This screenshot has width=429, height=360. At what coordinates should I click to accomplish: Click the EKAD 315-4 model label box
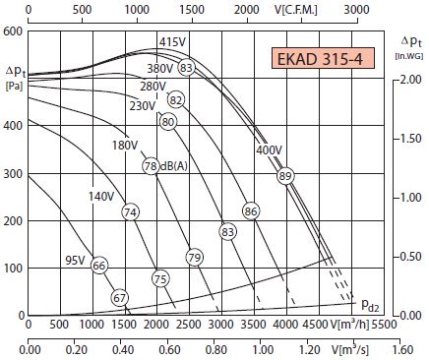click(x=323, y=58)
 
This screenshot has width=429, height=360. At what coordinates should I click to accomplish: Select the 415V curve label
click(x=172, y=42)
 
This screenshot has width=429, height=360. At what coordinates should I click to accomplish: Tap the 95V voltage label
click(x=75, y=261)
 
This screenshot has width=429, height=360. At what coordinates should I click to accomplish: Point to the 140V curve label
click(x=101, y=197)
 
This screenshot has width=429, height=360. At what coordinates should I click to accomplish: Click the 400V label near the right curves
click(x=269, y=150)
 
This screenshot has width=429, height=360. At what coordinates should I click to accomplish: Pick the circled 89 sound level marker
click(x=284, y=176)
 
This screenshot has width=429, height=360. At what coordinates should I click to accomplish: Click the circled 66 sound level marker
click(x=99, y=266)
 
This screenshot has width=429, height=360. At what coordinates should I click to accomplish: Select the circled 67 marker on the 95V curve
click(x=120, y=298)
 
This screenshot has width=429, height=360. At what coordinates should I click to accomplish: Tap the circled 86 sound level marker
click(x=251, y=211)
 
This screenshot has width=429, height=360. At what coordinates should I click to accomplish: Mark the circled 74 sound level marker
click(x=131, y=212)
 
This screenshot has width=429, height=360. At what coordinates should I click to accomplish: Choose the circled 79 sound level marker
click(x=194, y=258)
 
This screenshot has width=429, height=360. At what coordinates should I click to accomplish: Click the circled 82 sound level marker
click(x=176, y=99)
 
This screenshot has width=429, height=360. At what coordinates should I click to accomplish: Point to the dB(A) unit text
click(x=174, y=166)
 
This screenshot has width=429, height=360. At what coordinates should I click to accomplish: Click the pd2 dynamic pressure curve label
click(x=370, y=305)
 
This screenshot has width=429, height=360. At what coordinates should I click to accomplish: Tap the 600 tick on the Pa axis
click(x=13, y=31)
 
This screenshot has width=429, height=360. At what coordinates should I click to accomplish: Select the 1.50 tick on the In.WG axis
click(x=411, y=139)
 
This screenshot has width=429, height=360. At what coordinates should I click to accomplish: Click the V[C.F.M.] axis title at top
click(x=296, y=10)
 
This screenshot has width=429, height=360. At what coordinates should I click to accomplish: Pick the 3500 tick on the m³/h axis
click(x=254, y=325)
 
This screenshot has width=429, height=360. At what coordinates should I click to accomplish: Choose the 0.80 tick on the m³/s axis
click(x=215, y=349)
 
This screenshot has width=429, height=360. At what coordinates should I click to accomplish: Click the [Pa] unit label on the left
click(x=15, y=87)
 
